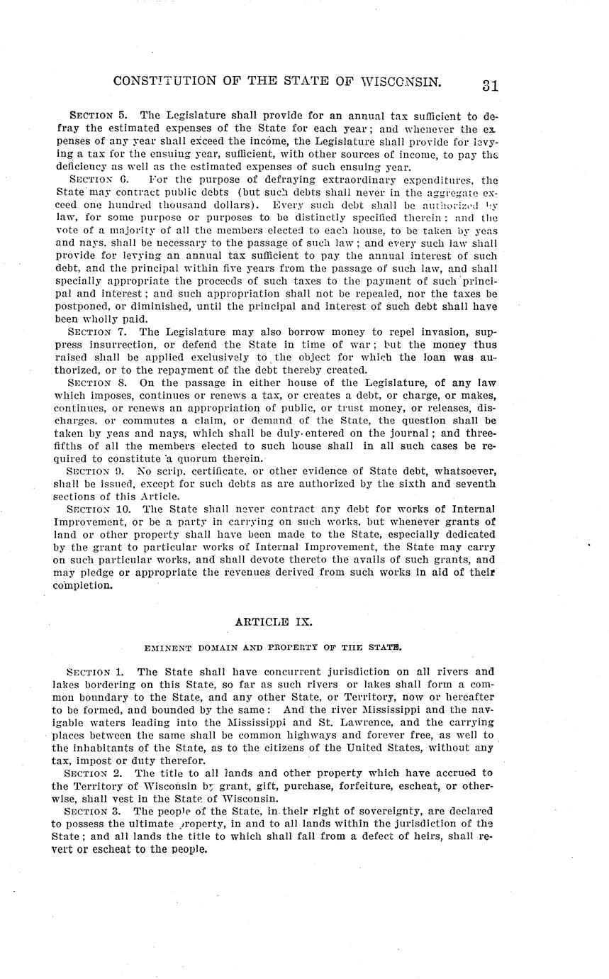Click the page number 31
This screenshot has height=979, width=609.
[x=490, y=85]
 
